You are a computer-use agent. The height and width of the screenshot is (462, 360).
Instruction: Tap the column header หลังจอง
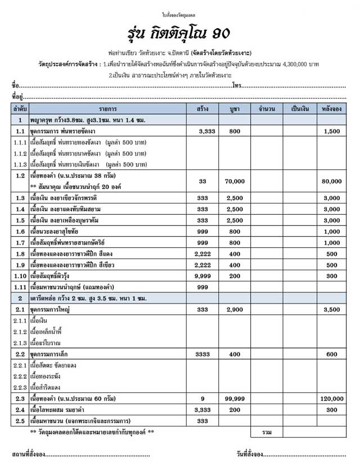click(x=332, y=108)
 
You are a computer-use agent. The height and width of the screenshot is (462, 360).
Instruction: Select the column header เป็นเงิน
click(x=299, y=108)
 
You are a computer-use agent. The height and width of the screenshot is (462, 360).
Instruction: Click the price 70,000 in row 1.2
click(x=235, y=182)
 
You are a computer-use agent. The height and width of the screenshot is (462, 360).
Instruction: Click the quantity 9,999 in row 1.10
click(x=203, y=276)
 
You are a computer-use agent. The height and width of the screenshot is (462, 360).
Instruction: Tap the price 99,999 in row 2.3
click(x=235, y=399)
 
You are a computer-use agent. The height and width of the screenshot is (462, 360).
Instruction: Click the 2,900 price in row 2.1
click(x=235, y=310)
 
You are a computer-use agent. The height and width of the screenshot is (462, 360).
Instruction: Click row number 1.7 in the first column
click(x=20, y=242)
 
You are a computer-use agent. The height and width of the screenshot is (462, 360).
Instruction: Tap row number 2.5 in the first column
click(x=20, y=421)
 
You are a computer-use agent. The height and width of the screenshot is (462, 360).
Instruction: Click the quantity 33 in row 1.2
click(x=203, y=182)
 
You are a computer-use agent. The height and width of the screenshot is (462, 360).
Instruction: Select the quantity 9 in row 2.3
click(x=203, y=399)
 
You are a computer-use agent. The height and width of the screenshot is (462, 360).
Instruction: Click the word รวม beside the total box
click(x=267, y=433)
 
